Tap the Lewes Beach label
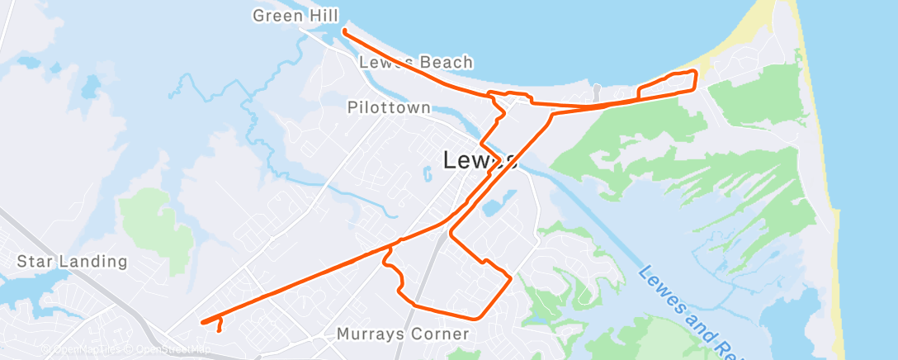(416, 62)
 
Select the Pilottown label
(389, 107)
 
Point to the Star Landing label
(73, 263)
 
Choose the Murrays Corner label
(403, 334)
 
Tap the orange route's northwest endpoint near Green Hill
(343, 31)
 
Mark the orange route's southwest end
(202, 322)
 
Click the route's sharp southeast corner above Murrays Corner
(511, 278)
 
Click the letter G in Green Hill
(259, 16)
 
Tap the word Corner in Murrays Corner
(442, 334)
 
